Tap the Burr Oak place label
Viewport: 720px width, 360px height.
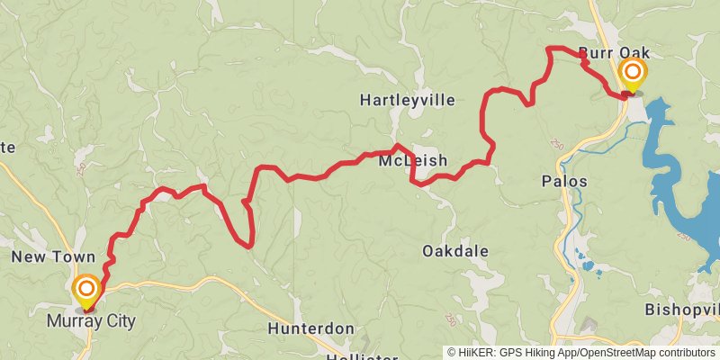614,52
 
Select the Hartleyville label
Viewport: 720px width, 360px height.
407,100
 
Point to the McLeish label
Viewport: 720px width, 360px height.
413,161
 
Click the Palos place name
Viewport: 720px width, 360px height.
564,182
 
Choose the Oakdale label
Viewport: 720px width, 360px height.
455,251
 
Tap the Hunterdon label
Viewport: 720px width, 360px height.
311,328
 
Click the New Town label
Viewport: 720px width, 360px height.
53,257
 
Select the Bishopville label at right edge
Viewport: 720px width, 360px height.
682,310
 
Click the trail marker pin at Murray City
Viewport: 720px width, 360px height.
86,289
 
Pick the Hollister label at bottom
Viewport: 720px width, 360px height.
362,357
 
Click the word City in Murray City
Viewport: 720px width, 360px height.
119,320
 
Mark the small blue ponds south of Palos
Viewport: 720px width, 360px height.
589,265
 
